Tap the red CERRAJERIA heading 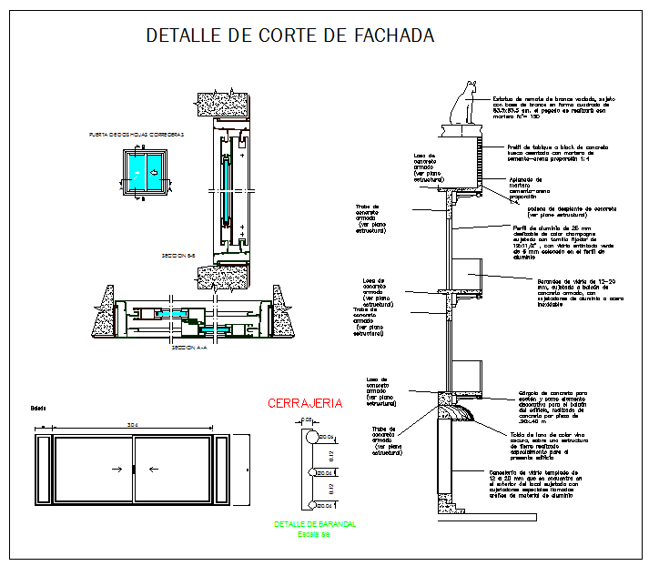pos(304,403)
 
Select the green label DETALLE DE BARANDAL pos(315,524)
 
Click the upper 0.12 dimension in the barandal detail pos(332,455)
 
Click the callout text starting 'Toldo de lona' pos(541,446)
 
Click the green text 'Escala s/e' pos(315,533)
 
